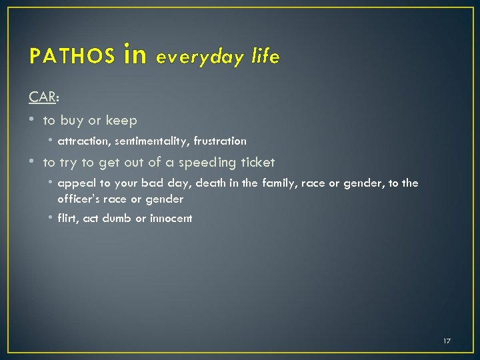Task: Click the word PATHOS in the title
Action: (72, 57)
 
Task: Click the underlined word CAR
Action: (43, 97)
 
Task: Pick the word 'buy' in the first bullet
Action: (72, 121)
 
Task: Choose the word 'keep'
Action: (121, 121)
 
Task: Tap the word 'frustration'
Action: (221, 141)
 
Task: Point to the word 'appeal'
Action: (75, 183)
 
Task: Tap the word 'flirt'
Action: (67, 218)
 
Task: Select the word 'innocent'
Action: (171, 218)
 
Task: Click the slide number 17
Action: (447, 341)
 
